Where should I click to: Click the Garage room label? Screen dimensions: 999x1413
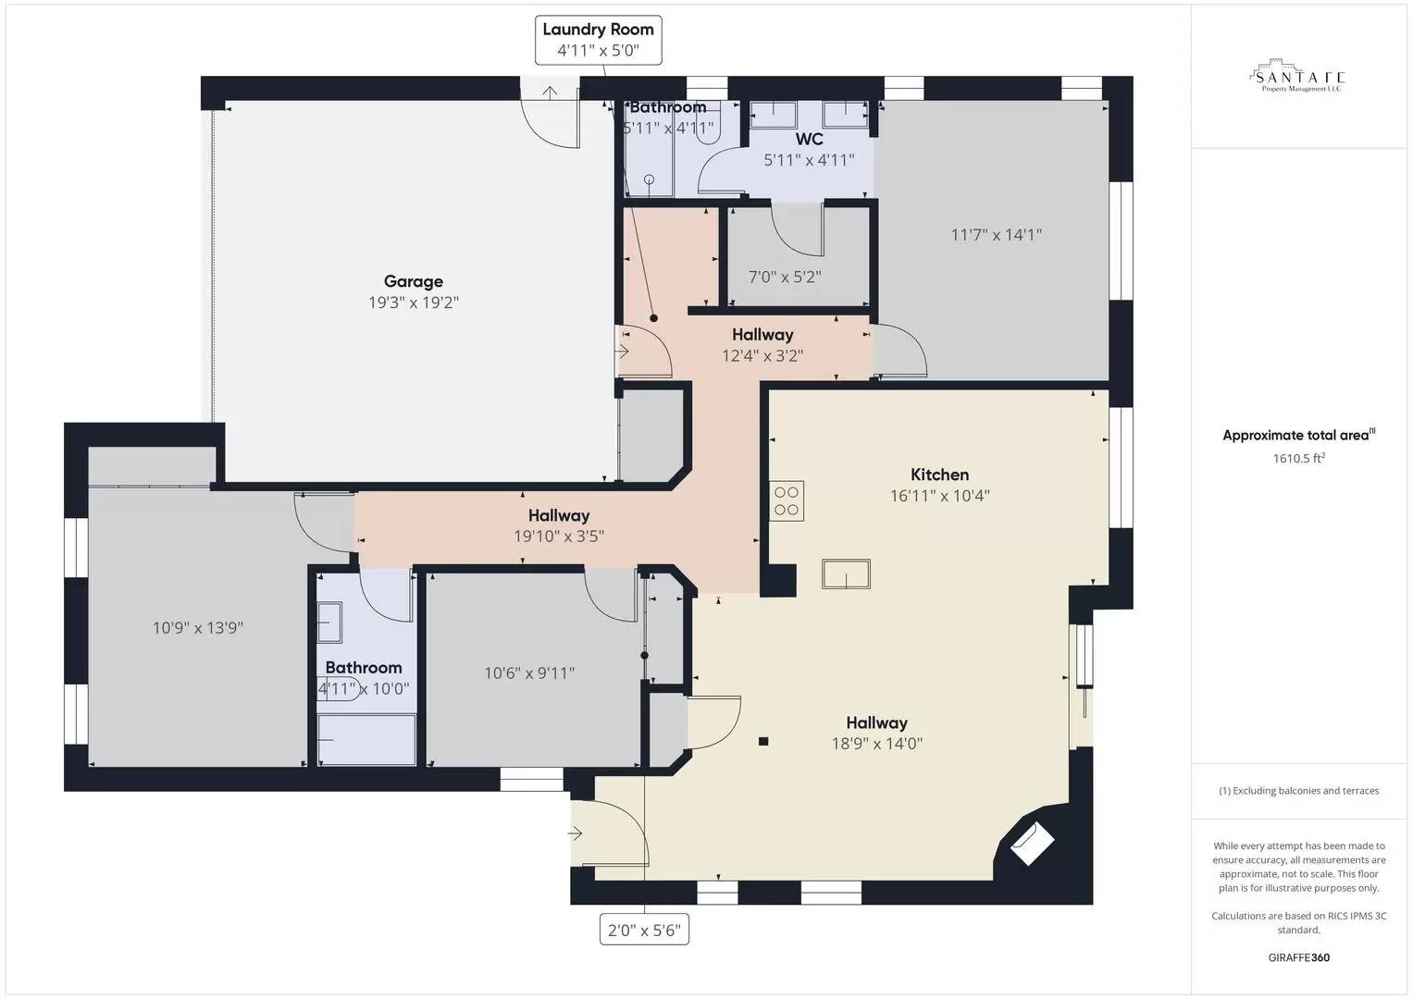[x=413, y=281]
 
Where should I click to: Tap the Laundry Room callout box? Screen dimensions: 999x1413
[x=598, y=40]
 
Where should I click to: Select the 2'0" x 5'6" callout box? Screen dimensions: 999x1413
[x=644, y=930]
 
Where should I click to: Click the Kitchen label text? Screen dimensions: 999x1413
[x=939, y=475]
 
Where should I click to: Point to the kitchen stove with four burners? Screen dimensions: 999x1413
[x=787, y=501]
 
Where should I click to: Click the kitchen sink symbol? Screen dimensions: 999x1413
[x=846, y=574]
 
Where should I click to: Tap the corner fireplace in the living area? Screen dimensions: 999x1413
[x=1030, y=843]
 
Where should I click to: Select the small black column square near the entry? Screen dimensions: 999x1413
[x=763, y=741]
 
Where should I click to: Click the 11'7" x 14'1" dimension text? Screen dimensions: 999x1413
[x=996, y=235]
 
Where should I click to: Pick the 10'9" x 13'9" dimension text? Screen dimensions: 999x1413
[x=197, y=628]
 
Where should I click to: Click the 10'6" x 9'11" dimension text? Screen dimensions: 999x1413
[x=529, y=673]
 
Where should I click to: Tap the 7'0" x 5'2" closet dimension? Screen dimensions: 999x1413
[x=784, y=277]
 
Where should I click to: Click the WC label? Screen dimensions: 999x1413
[x=809, y=140]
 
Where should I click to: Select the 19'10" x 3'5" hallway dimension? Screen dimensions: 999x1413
[x=559, y=536]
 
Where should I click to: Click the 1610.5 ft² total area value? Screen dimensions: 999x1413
[x=1298, y=458]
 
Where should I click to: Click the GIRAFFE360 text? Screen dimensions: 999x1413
[x=1298, y=957]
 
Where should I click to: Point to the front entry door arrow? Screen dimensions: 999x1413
[x=575, y=833]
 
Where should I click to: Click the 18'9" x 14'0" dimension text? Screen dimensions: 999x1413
[x=876, y=743]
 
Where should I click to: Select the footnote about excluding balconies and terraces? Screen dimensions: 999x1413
[x=1298, y=791]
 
